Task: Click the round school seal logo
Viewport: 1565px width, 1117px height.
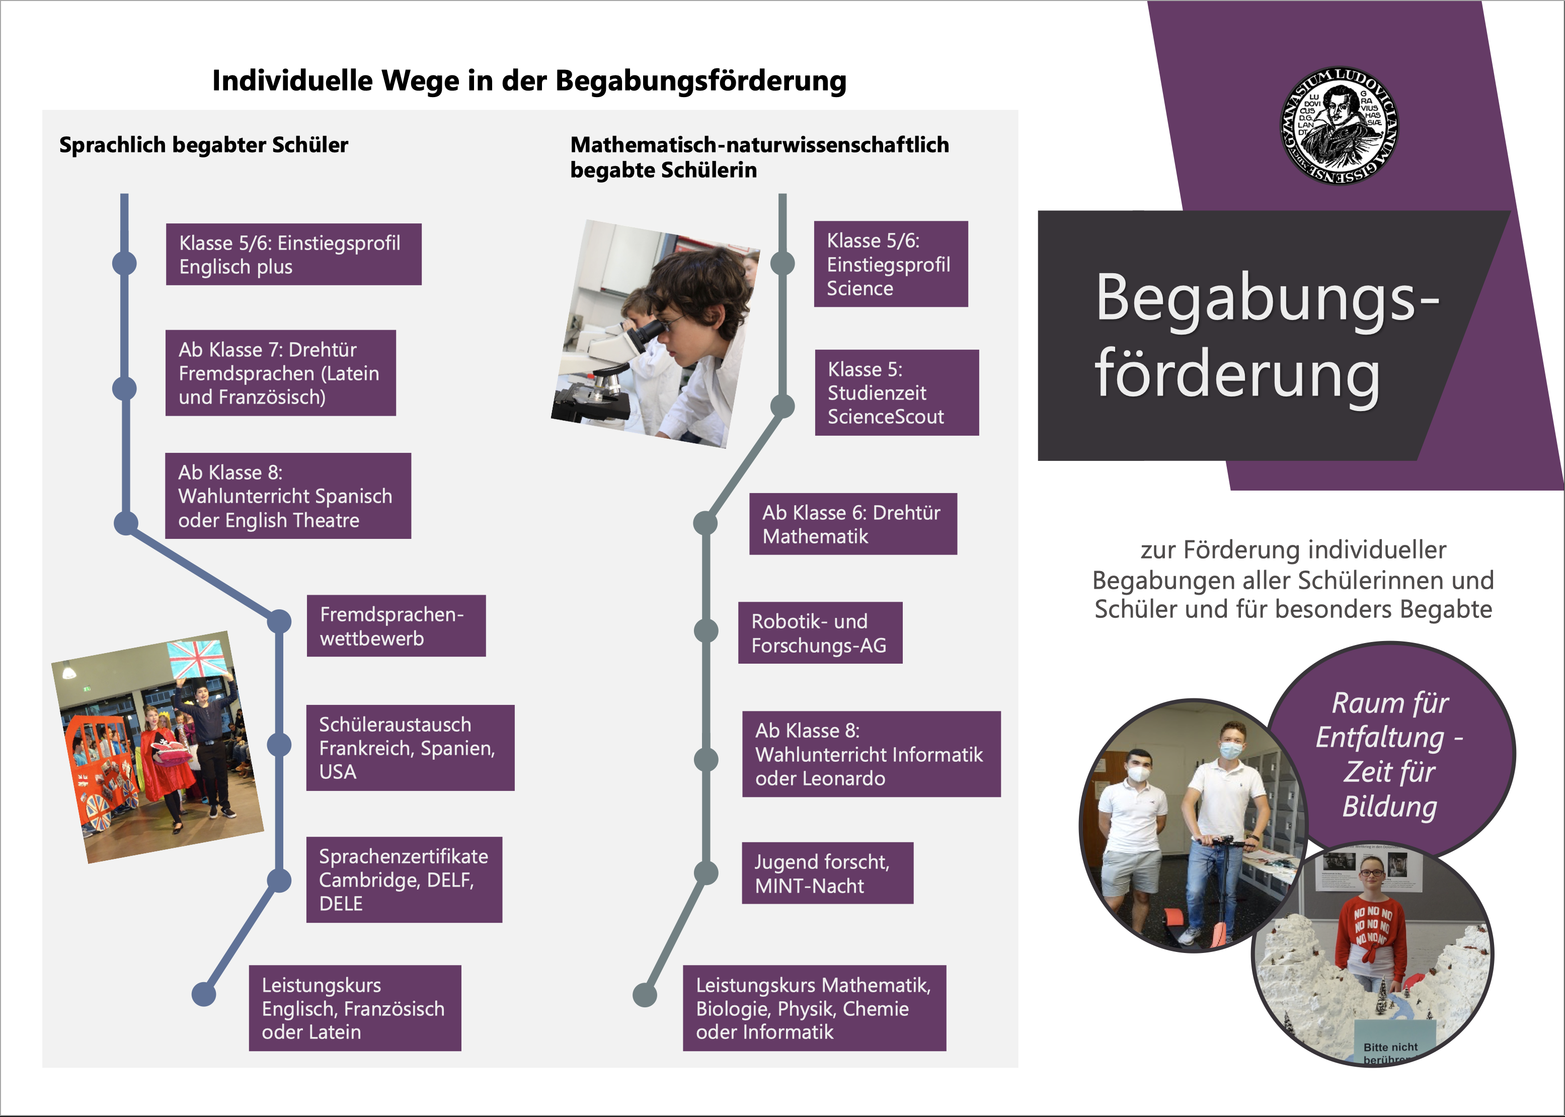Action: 1338,126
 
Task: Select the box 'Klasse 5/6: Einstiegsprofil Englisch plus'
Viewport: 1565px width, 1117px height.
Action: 293,255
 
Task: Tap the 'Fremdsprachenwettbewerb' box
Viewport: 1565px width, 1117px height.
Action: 396,626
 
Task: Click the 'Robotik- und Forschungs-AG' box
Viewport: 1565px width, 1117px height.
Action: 819,633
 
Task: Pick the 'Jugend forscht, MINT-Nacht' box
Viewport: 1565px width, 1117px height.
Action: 827,873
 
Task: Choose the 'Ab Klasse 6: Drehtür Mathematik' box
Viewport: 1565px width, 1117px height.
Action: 852,524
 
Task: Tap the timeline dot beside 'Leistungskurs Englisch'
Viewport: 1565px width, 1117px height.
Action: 204,994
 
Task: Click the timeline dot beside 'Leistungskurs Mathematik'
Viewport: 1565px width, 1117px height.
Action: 645,995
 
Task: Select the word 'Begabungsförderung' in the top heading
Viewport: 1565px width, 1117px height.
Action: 700,81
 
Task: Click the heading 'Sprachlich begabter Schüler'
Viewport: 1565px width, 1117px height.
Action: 204,145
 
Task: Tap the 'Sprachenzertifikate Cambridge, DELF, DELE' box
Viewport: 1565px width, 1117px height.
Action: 404,880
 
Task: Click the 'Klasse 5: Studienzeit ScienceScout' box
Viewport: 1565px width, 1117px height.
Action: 896,393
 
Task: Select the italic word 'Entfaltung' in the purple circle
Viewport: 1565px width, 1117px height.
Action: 1379,737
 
